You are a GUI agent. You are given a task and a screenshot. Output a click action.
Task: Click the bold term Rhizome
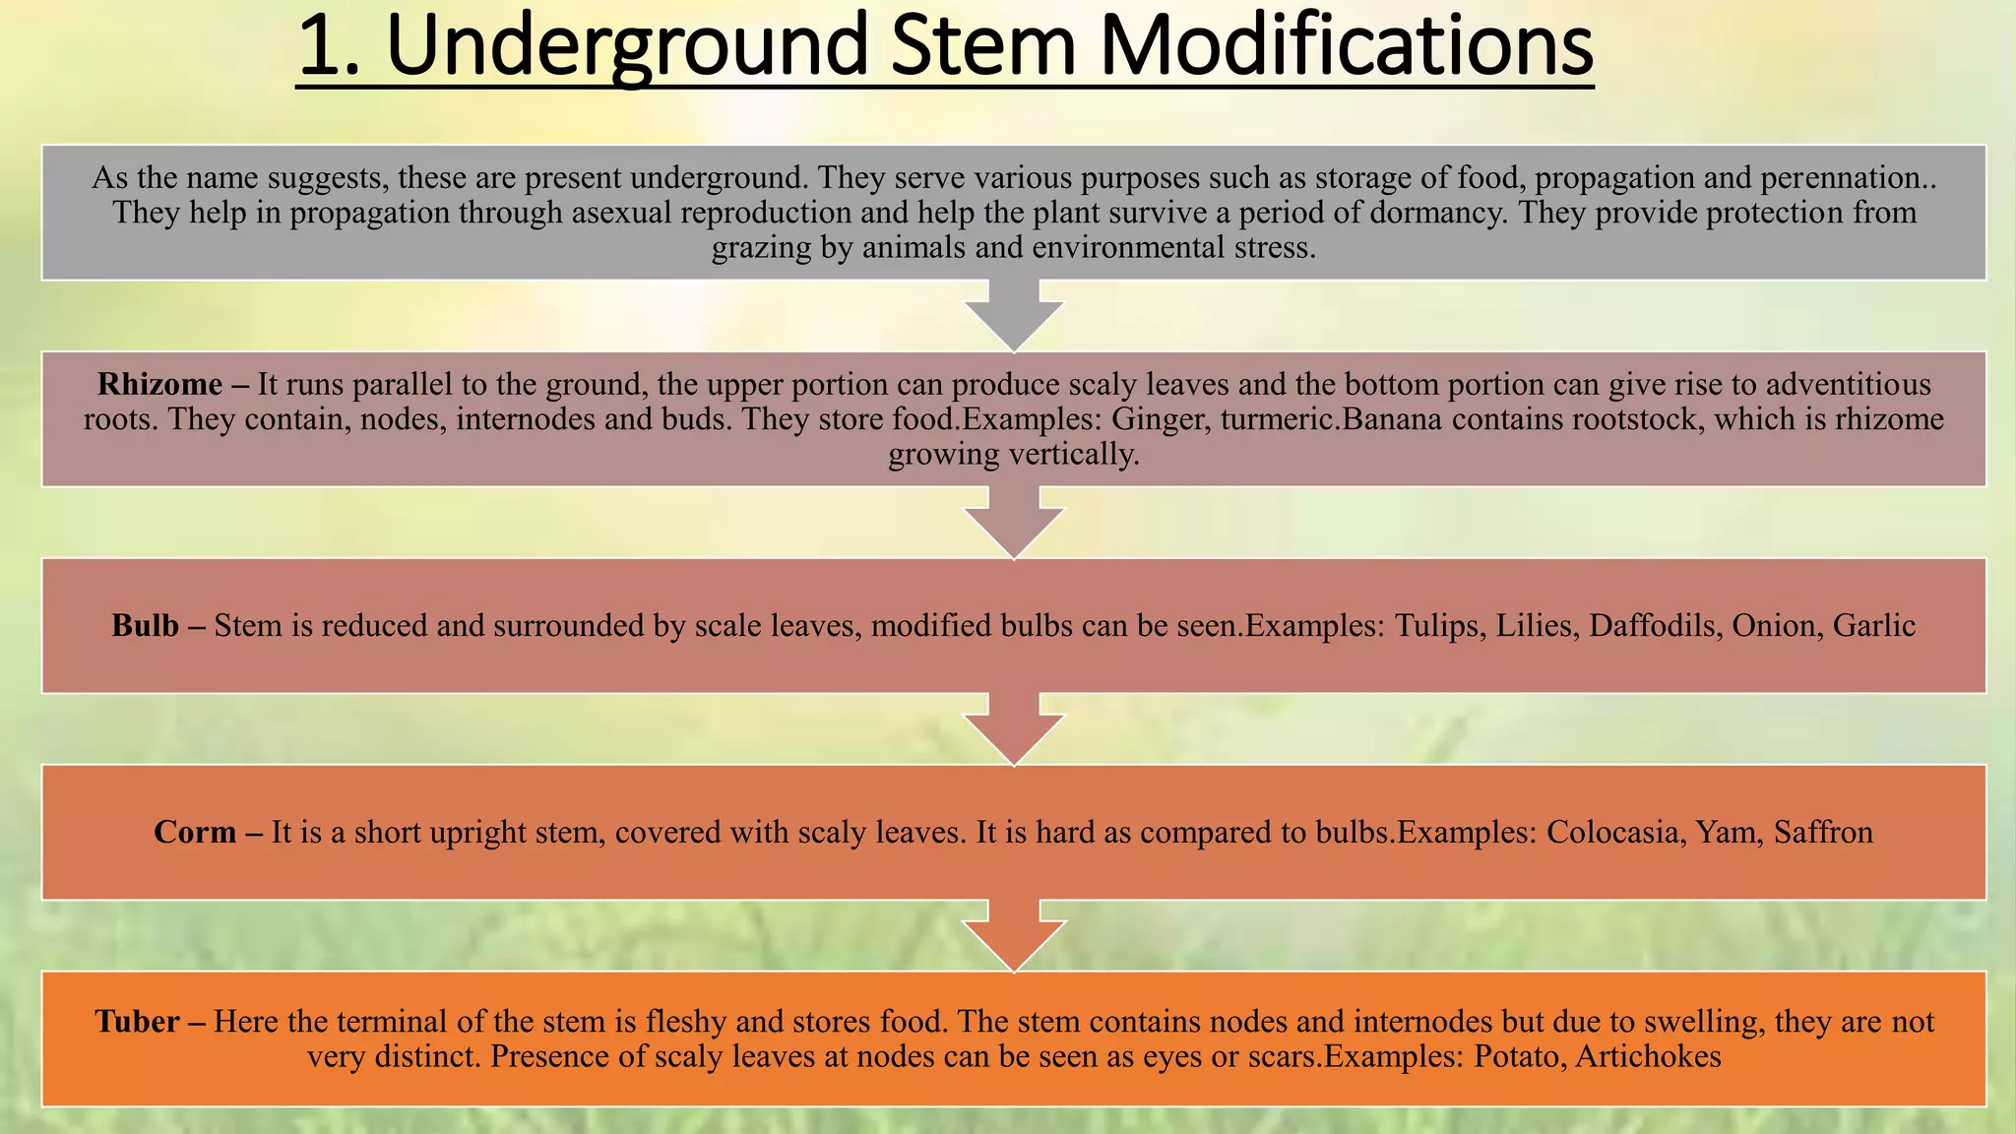coord(159,384)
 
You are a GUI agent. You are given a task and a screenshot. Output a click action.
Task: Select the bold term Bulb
coord(145,626)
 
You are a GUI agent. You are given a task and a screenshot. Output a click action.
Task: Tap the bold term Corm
coord(195,833)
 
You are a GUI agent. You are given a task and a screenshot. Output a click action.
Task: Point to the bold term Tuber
coord(137,1022)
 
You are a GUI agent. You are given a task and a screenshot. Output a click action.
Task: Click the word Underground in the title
coord(627,45)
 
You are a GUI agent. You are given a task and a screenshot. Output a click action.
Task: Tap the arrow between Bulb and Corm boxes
coord(1014,729)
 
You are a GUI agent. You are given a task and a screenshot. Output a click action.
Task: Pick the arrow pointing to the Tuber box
coord(1014,936)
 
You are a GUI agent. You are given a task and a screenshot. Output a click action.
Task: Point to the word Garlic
coord(1874,626)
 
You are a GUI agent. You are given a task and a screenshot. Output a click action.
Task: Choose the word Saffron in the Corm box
coord(1823,833)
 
